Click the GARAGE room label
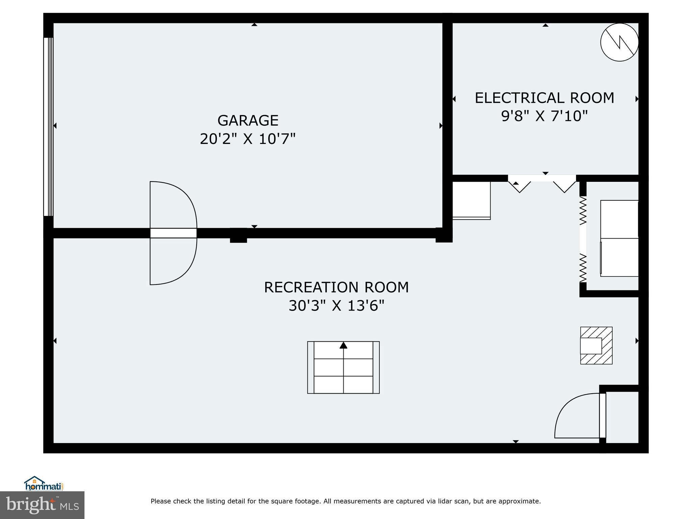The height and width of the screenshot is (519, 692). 248,120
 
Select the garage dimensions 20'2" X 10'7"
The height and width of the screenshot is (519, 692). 248,139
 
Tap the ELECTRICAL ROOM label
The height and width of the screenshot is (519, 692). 544,98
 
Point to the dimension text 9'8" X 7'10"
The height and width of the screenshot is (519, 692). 544,116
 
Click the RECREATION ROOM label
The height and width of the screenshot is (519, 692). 336,287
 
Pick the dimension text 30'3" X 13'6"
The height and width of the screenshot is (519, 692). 336,306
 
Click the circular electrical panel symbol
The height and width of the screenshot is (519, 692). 619,43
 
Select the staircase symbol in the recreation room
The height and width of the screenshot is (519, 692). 343,367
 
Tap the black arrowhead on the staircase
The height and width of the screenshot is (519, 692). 343,345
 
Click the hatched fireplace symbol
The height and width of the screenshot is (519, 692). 596,345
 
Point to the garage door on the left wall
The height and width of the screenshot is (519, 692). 48,126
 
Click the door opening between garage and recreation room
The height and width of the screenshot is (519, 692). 173,233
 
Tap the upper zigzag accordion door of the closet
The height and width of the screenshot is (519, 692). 583,211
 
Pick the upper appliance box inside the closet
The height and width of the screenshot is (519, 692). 619,219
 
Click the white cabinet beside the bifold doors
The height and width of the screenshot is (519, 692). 471,200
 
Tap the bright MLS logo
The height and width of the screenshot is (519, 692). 42,505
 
